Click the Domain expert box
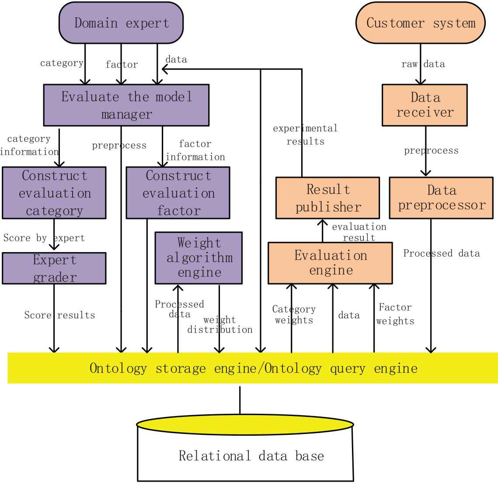tap(121, 23)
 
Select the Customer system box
tap(421, 23)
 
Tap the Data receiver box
tap(425, 105)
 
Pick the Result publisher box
tap(327, 198)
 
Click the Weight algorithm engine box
tap(199, 258)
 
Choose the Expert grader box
tap(54, 268)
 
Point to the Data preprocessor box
tap(441, 198)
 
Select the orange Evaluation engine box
tap(330, 263)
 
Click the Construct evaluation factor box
tap(178, 193)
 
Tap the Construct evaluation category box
tap(54, 193)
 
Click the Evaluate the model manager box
tap(126, 105)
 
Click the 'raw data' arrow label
tap(423, 64)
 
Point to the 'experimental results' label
tap(305, 135)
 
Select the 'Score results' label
tap(59, 315)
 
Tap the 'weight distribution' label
tap(220, 325)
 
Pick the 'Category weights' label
tap(294, 315)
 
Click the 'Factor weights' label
tap(395, 314)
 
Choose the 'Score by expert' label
tap(44, 238)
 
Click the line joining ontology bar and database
tap(240, 399)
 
